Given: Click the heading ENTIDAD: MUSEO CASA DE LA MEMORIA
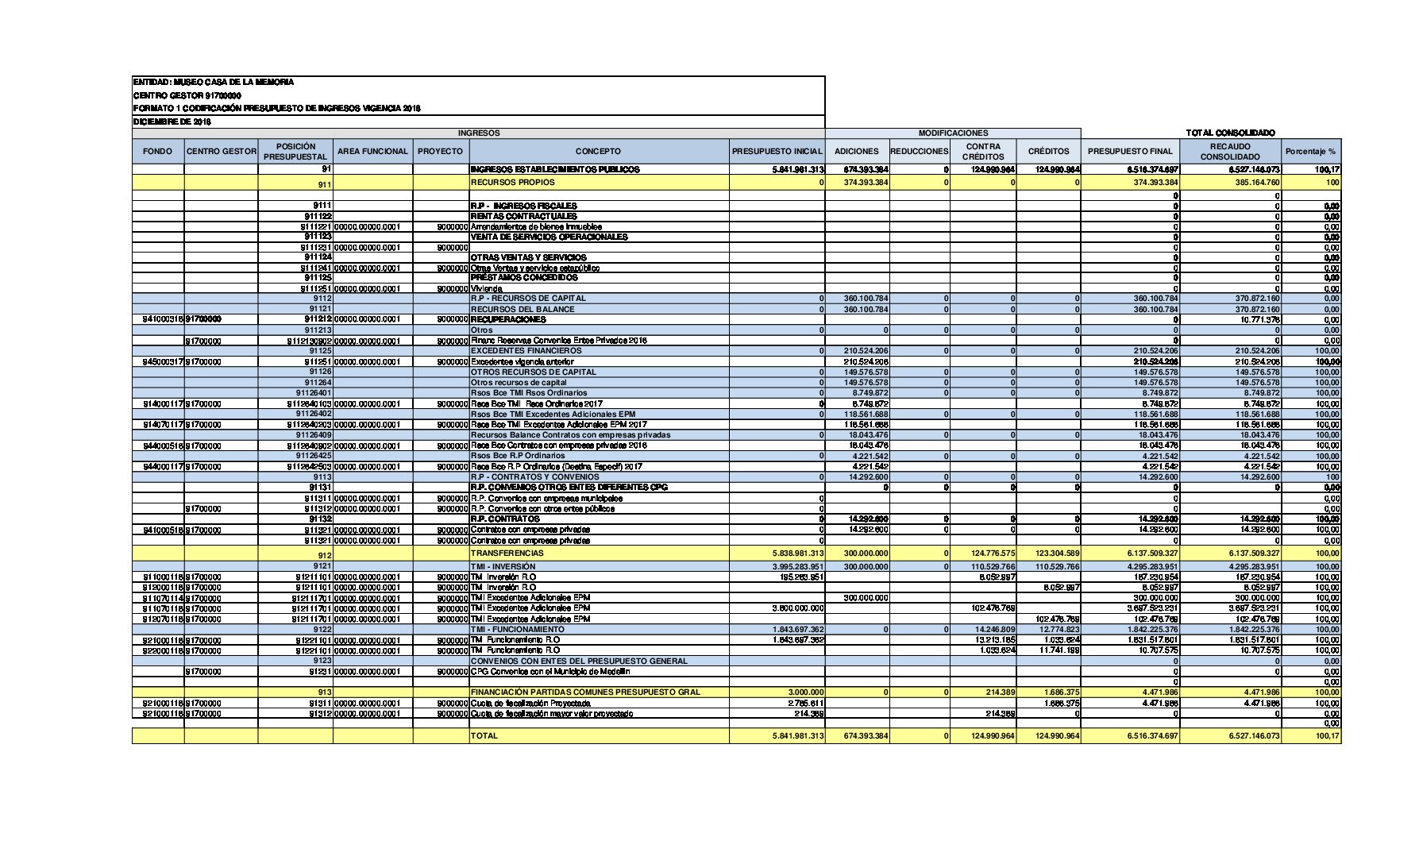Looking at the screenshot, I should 214,82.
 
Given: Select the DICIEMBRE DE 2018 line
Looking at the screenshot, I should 172,121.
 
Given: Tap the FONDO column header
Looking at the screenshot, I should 157,151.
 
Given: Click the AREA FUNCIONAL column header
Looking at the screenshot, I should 372,151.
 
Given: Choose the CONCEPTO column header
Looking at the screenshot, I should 598,151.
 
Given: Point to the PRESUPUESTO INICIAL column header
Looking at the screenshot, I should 777,151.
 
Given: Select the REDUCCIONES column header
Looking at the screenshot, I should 919,151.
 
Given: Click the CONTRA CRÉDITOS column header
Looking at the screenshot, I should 983,151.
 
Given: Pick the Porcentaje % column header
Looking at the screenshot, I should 1310,151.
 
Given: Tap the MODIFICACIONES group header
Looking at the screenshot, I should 953,133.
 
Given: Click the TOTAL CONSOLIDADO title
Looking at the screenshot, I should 1230,133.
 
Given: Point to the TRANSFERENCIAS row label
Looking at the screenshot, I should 507,553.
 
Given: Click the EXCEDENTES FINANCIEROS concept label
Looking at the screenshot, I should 526,350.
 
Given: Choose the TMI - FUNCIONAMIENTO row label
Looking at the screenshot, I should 517,629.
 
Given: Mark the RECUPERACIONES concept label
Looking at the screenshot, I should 508,319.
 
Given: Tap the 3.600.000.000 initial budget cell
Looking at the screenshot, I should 797,608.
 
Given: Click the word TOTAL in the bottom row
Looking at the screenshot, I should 484,735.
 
